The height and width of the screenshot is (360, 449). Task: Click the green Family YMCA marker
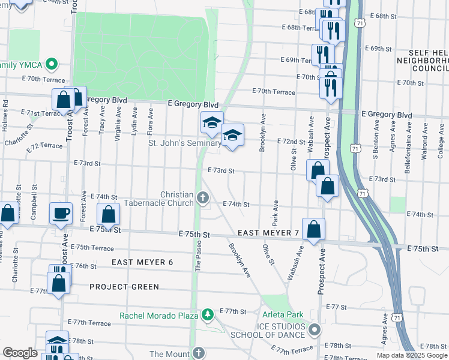52,64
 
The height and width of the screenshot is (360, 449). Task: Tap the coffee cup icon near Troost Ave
61,213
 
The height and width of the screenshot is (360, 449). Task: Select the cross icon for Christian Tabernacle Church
203,197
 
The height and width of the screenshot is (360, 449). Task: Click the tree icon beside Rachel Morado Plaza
207,314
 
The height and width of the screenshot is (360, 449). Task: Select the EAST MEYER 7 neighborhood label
268,233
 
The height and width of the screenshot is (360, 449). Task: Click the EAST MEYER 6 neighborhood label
142,262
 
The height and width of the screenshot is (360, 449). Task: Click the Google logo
20,353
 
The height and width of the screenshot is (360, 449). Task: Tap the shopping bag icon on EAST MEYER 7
314,229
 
